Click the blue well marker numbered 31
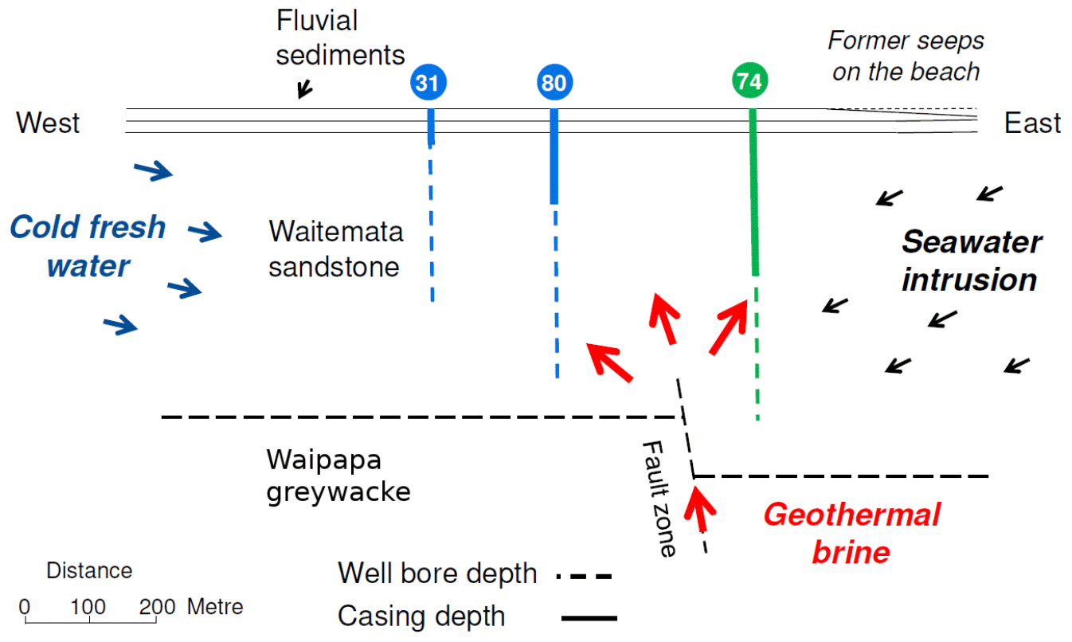pos(429,83)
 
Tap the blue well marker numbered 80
pos(556,83)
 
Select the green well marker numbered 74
pos(749,83)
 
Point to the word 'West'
pos(49,123)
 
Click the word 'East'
pos(1032,123)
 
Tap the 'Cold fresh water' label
pos(88,246)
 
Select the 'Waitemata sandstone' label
pos(335,249)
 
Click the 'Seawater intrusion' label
pos(971,260)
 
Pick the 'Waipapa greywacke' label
pos(338,476)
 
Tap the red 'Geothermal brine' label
pos(851,532)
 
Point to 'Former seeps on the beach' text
pos(906,56)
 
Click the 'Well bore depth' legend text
pos(437,573)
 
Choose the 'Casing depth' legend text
pos(421,616)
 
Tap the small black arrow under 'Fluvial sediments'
pos(304,89)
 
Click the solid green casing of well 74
pos(753,191)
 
